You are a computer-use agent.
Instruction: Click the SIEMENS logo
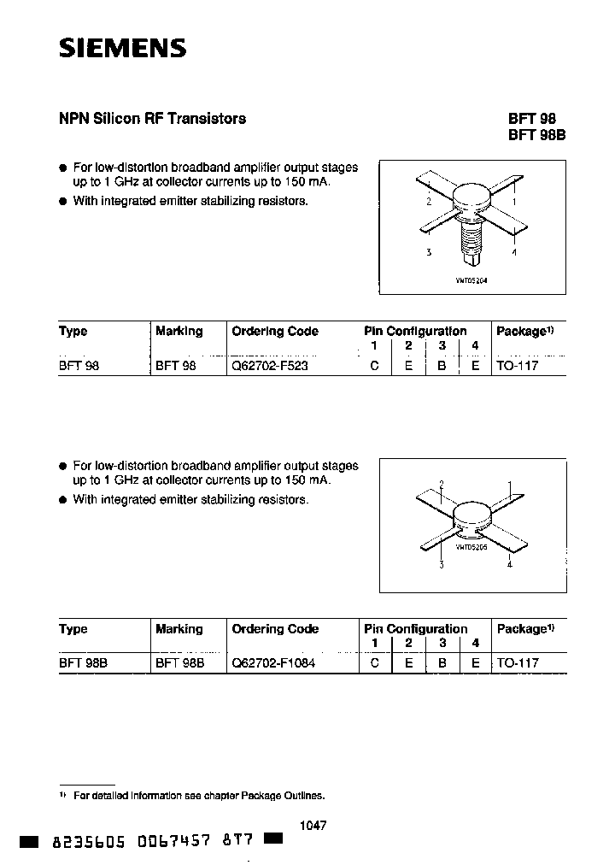(122, 49)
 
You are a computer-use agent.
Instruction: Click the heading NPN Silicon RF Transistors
(152, 119)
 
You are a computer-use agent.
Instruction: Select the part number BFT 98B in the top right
(537, 135)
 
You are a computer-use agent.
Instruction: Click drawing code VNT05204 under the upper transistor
(471, 280)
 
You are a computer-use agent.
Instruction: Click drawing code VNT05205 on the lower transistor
(471, 546)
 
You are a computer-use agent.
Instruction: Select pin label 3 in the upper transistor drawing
(428, 252)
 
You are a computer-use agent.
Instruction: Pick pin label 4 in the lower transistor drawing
(510, 565)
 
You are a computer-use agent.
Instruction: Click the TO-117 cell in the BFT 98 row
(518, 365)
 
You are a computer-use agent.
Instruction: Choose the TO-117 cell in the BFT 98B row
(518, 662)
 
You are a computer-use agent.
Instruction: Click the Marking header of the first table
(179, 331)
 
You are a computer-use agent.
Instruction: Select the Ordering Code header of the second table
(275, 628)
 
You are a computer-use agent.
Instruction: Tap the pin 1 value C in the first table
(373, 365)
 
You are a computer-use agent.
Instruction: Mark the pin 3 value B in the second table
(442, 662)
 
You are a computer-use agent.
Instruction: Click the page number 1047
(314, 826)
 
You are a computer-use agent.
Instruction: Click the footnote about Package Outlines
(198, 795)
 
